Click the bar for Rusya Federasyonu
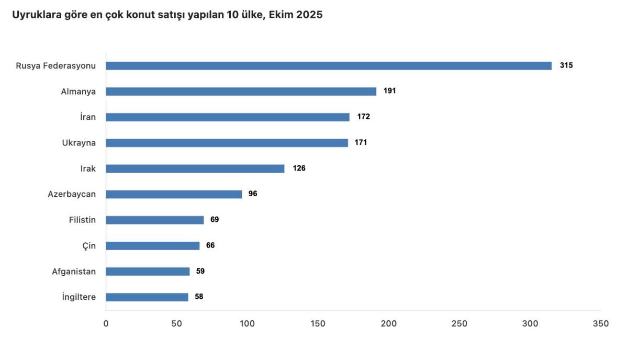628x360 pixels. (x=329, y=66)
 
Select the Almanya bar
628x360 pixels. (x=241, y=92)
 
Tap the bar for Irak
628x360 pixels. (x=195, y=168)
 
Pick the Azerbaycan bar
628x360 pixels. (x=174, y=194)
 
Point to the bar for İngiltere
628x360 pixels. (x=147, y=297)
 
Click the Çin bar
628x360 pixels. (x=153, y=246)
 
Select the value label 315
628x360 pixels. (x=566, y=66)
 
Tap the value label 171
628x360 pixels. (x=361, y=143)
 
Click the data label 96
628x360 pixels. (x=253, y=194)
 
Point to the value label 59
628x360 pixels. (x=200, y=272)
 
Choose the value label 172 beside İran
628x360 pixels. (x=363, y=117)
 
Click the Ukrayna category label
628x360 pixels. (x=79, y=143)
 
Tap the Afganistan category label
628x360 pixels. (x=74, y=272)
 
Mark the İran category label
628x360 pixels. (x=88, y=117)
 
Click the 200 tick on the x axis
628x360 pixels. (x=389, y=324)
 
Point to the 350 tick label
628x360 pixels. (x=601, y=324)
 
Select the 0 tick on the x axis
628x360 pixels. (x=106, y=324)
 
